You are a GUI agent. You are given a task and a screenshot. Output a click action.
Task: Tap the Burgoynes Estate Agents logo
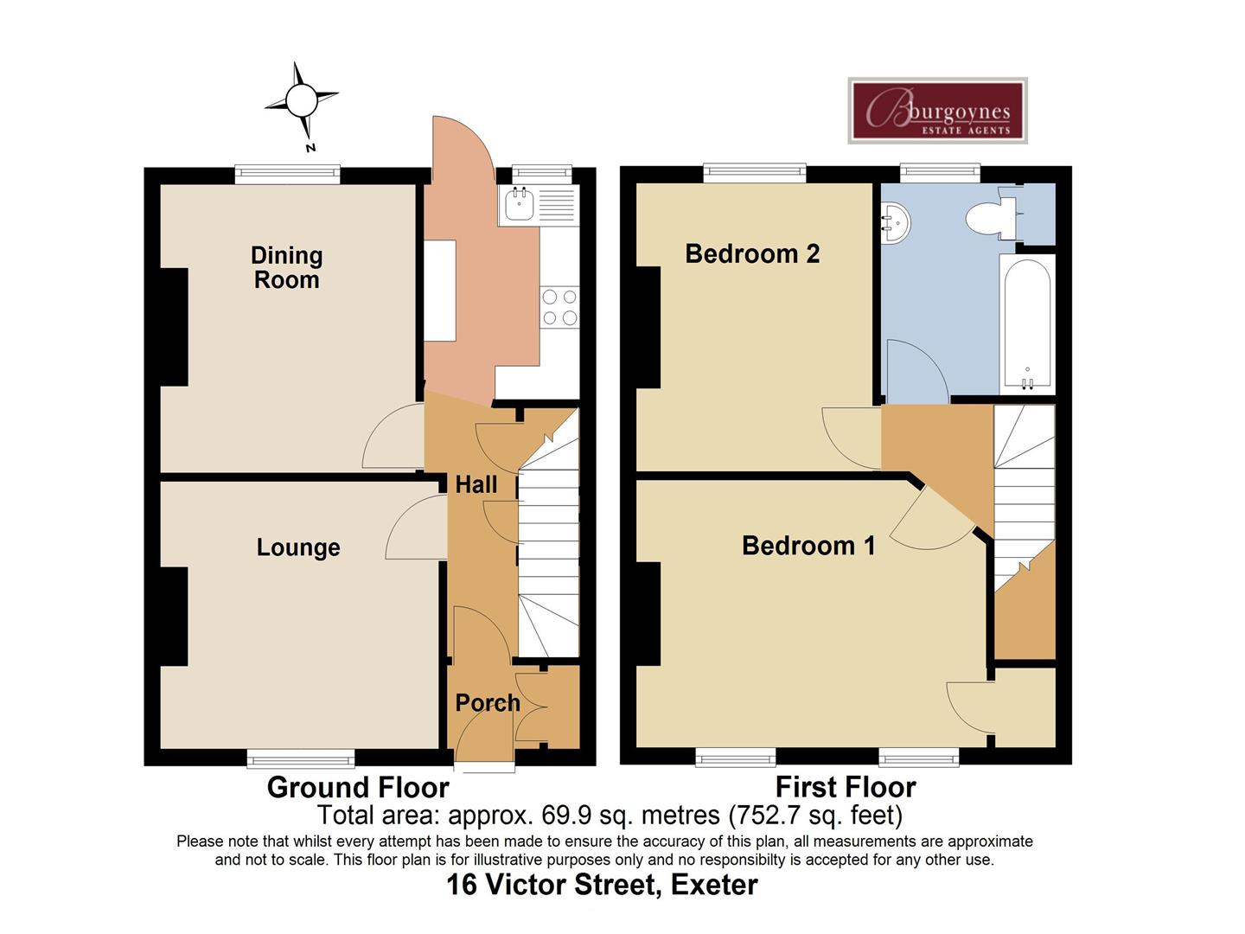point(938,111)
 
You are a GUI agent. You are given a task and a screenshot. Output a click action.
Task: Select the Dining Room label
point(286,267)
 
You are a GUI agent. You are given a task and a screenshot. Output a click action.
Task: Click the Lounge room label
point(298,547)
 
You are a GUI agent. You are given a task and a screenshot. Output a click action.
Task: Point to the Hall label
point(476,484)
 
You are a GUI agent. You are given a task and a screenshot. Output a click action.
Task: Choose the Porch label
point(488,702)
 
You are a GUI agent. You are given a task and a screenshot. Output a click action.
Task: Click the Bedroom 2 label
point(752,253)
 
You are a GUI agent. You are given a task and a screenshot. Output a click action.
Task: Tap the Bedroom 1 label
point(808,546)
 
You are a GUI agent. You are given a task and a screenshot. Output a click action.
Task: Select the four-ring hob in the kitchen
point(559,307)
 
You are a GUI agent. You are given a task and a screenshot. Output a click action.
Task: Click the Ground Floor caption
point(358,787)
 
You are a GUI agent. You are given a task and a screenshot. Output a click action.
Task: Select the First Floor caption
point(846,787)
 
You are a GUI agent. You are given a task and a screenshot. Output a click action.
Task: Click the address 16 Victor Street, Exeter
point(602,885)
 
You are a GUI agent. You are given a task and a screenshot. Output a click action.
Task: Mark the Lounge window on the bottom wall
point(301,758)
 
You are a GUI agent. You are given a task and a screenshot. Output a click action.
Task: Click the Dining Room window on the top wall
point(288,174)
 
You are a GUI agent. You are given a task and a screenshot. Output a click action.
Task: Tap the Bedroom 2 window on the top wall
point(755,174)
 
